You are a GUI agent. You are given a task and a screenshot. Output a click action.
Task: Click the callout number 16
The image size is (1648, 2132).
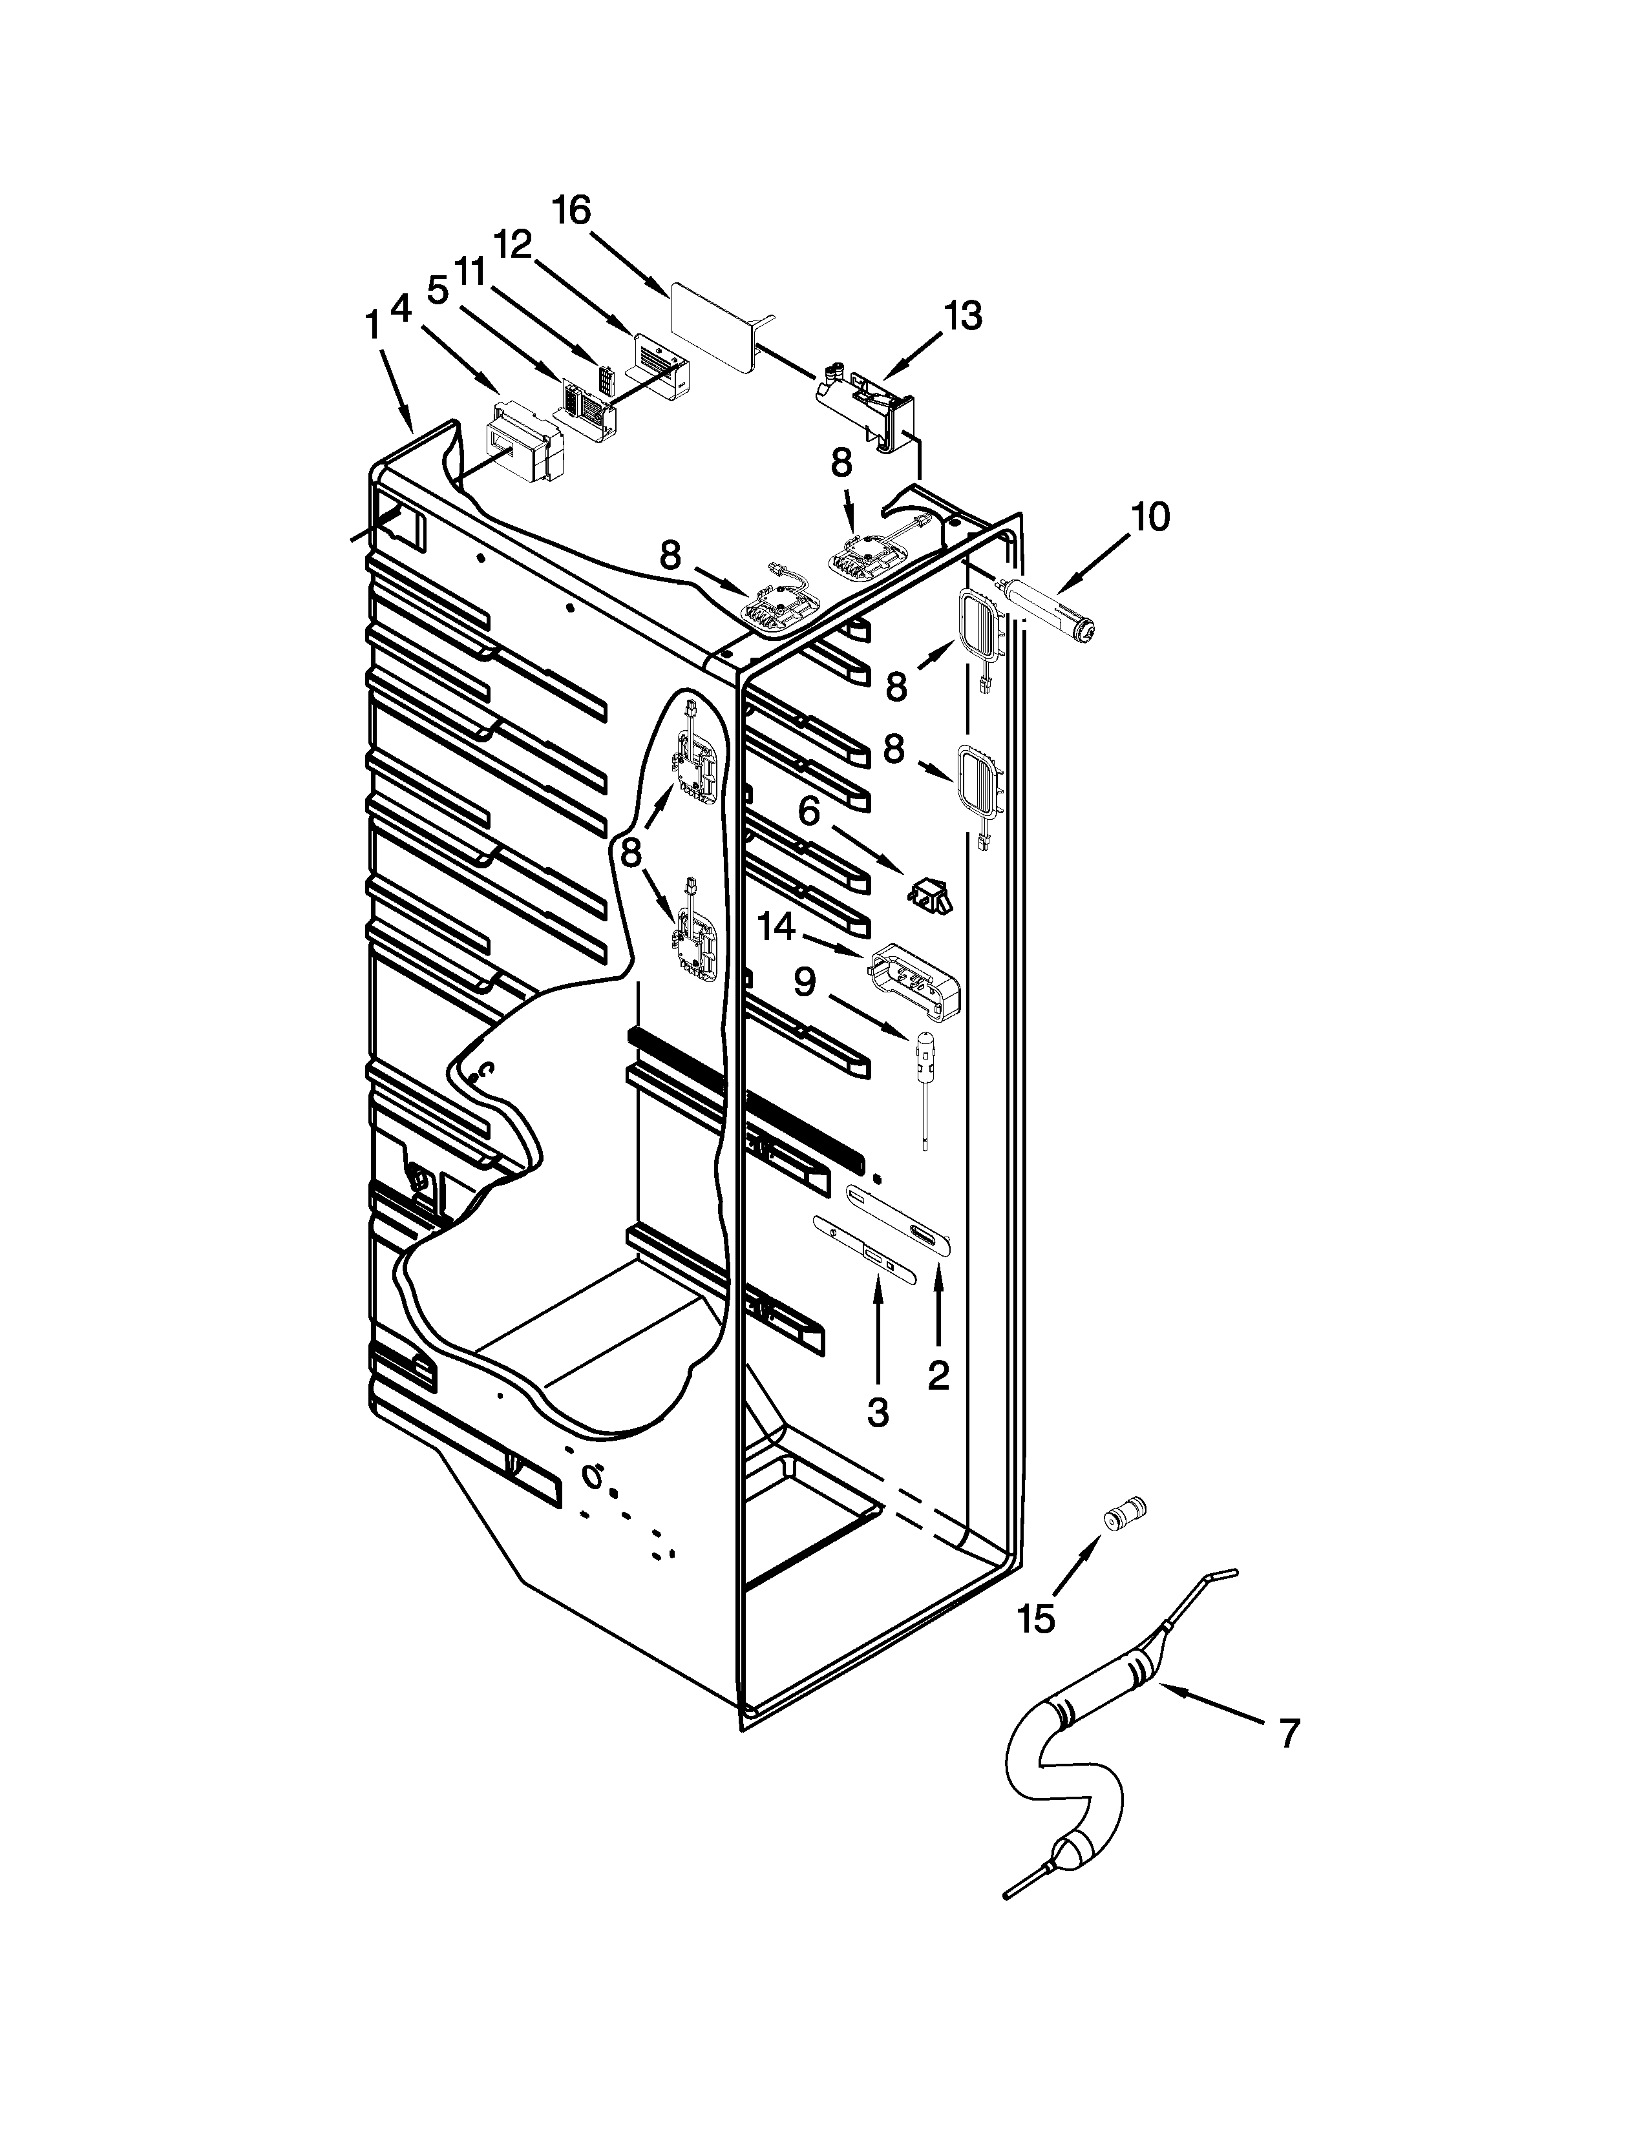[x=572, y=211]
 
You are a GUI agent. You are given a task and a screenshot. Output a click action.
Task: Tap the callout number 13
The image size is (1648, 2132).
[x=963, y=317]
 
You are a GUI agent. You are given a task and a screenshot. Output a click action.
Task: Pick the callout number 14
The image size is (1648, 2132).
[x=778, y=927]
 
